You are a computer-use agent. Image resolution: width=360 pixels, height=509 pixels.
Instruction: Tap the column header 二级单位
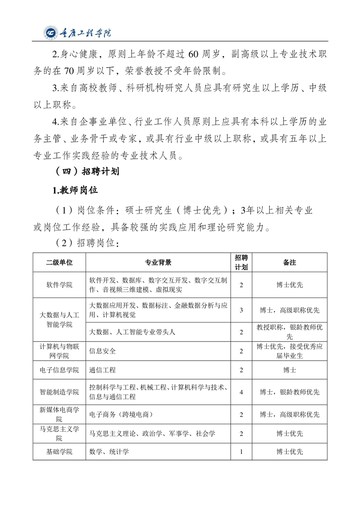pyautogui.click(x=59, y=262)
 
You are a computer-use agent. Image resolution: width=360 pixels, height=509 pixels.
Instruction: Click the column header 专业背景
pyautogui.click(x=158, y=262)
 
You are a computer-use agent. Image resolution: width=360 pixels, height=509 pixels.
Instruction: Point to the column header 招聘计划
pyautogui.click(x=241, y=262)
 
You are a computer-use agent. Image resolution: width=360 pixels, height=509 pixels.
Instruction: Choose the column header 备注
pyautogui.click(x=289, y=262)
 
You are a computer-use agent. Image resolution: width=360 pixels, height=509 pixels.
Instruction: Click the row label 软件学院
pyautogui.click(x=59, y=285)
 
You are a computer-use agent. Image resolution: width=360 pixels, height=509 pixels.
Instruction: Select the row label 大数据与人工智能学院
pyautogui.click(x=59, y=320)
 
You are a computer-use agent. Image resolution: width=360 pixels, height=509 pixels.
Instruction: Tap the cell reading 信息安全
pyautogui.click(x=103, y=351)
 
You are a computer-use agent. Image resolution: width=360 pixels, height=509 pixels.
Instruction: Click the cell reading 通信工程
pyautogui.click(x=103, y=370)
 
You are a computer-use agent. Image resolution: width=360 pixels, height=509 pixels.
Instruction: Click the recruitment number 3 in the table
pyautogui.click(x=241, y=310)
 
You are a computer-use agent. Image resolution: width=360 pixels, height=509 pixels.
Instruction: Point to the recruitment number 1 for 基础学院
pyautogui.click(x=241, y=451)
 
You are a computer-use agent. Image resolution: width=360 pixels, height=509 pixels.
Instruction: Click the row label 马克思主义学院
pyautogui.click(x=59, y=433)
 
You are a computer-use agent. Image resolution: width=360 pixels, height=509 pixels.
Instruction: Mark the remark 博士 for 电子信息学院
pyautogui.click(x=289, y=370)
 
